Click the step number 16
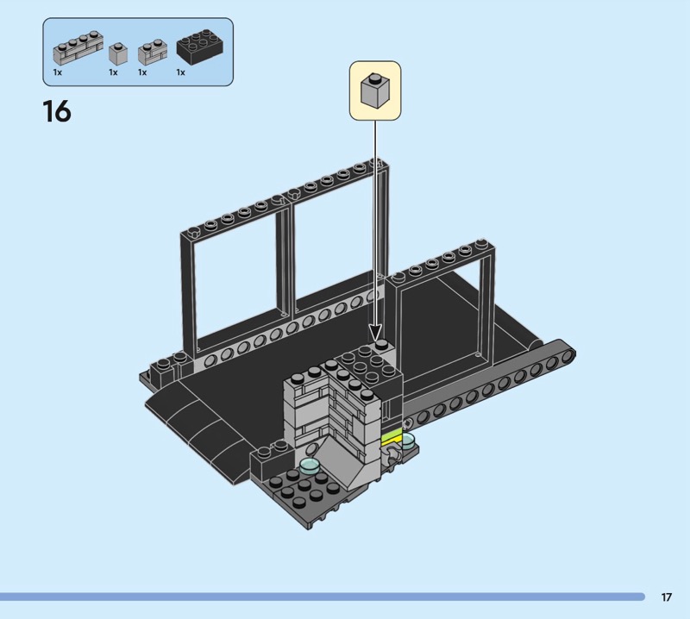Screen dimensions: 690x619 57,111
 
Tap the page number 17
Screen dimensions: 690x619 666,597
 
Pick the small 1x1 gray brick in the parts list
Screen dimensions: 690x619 118,53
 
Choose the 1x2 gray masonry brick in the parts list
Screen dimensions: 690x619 153,53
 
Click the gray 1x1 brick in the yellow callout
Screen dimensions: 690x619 375,91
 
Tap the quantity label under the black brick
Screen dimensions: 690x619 180,72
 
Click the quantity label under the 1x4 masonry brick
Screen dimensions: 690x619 58,72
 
